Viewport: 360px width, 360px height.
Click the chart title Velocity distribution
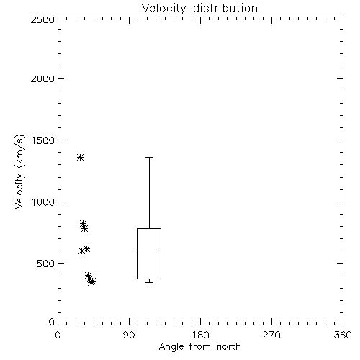coord(199,8)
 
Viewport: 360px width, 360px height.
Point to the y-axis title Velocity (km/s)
coord(19,171)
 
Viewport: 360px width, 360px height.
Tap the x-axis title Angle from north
coord(199,346)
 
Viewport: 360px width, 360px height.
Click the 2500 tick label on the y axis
coord(42,19)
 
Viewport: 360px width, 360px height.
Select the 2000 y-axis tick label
coord(42,78)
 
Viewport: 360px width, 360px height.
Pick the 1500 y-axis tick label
coord(43,140)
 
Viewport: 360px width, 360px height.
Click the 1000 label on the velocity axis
coord(43,202)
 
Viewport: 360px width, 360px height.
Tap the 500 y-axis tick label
coord(45,264)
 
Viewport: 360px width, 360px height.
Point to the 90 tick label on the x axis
coord(129,335)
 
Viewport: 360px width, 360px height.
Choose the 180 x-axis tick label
coord(200,335)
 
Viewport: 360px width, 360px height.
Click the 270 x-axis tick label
coord(271,335)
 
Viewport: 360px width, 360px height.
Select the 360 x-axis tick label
coord(343,335)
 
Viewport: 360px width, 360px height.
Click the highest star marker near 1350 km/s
coord(80,158)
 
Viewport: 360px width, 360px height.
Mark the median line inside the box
coord(149,251)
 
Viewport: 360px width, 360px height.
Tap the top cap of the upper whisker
coord(149,157)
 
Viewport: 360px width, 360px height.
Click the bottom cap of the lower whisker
coord(149,282)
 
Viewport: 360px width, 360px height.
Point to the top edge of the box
coord(149,228)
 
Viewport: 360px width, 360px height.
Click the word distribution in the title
coord(225,8)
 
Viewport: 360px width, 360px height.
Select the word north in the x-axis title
coord(229,346)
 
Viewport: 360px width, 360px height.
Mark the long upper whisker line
coord(149,193)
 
